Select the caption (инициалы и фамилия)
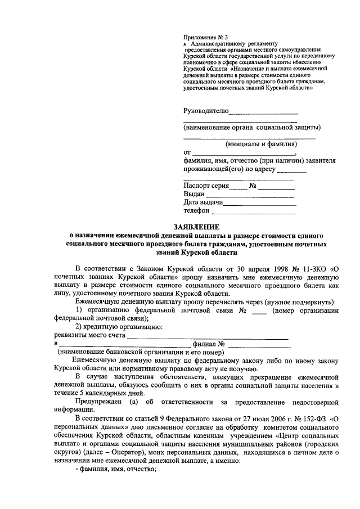(260, 144)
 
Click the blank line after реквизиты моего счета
(208, 337)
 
